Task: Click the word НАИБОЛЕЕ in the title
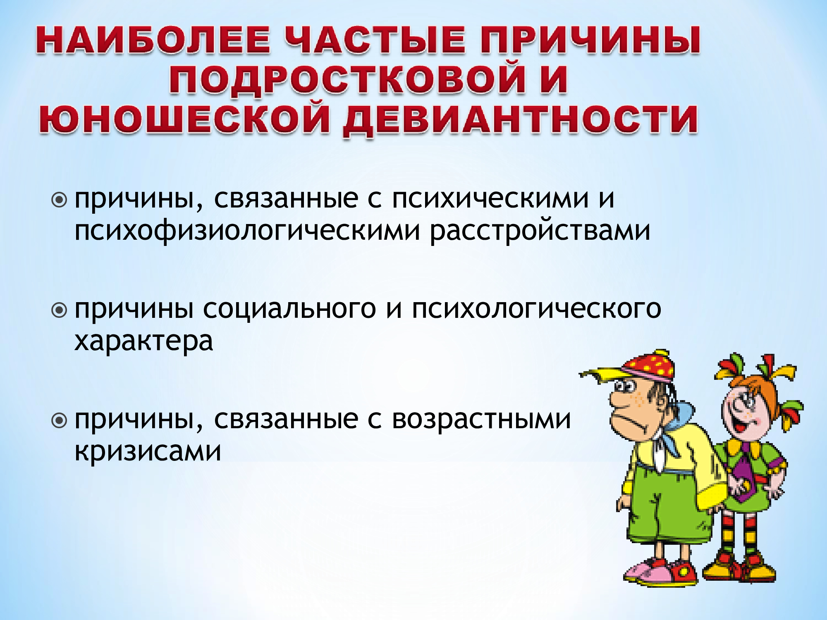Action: click(x=153, y=40)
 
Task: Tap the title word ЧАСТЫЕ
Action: click(x=375, y=40)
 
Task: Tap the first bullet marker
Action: click(x=59, y=200)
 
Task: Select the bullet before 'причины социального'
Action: click(x=59, y=310)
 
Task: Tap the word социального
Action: click(x=289, y=309)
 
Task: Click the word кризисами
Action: click(x=148, y=451)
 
